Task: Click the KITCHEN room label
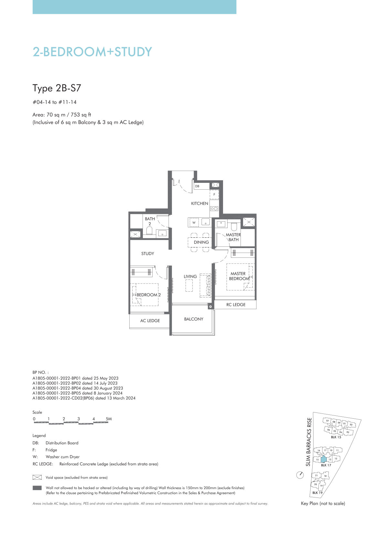click(199, 204)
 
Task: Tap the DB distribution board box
click(202, 186)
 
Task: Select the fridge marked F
click(214, 194)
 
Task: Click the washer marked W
click(194, 223)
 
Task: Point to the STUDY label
click(147, 254)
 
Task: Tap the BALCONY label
click(194, 319)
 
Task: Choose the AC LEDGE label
click(150, 321)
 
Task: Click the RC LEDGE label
click(236, 305)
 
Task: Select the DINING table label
click(201, 242)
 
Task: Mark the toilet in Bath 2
click(149, 231)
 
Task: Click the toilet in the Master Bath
click(234, 226)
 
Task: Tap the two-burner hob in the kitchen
click(214, 209)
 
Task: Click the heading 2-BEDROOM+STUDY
click(92, 52)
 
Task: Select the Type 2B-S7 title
click(57, 88)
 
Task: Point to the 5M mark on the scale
click(109, 419)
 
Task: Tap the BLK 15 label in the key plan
click(336, 437)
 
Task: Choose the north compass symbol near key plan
click(300, 475)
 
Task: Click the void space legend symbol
click(37, 477)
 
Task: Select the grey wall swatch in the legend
click(37, 488)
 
